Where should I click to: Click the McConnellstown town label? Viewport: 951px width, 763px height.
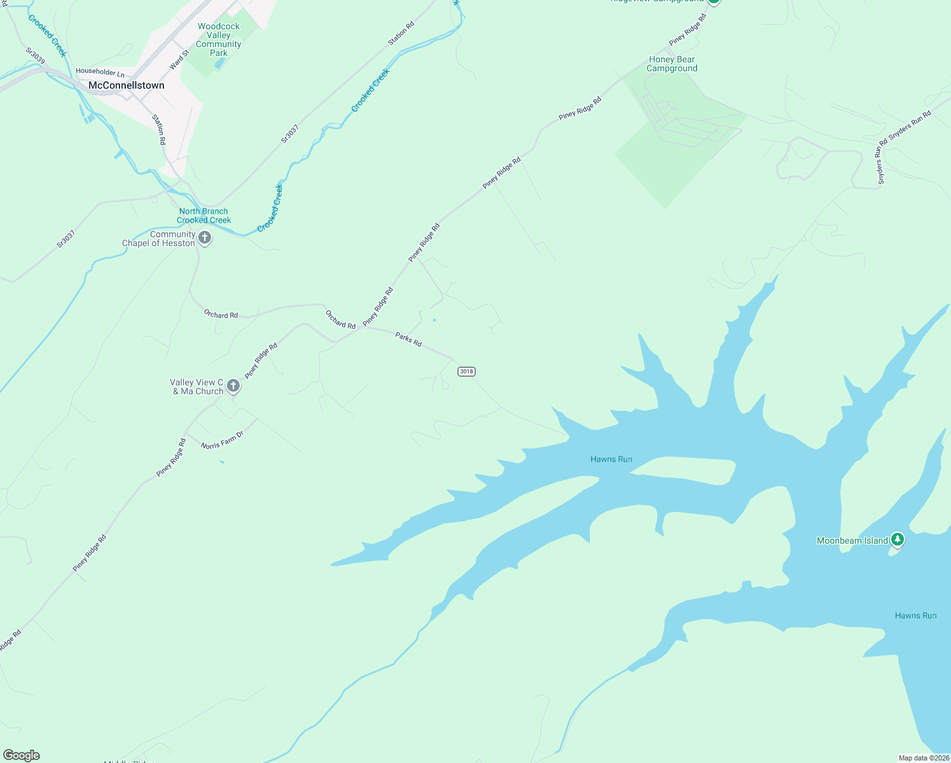click(x=126, y=85)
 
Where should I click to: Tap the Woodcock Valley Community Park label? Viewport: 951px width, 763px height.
click(x=219, y=39)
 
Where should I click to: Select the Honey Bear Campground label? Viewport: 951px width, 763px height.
click(x=673, y=64)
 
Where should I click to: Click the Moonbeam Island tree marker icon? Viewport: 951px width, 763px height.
click(x=897, y=540)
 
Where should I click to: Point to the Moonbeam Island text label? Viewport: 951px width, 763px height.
click(x=852, y=540)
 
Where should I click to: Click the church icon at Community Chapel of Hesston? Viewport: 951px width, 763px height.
click(x=205, y=238)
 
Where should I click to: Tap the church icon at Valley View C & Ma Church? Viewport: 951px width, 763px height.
click(x=233, y=385)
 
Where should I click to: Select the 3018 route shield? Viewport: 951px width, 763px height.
click(x=467, y=371)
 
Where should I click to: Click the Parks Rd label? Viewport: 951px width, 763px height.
click(x=408, y=339)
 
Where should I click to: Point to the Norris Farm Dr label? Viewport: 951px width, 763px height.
click(x=222, y=441)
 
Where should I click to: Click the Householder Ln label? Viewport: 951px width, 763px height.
click(x=100, y=72)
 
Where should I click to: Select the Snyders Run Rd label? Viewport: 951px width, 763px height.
click(x=910, y=125)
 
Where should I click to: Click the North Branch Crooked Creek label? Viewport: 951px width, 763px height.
click(x=203, y=216)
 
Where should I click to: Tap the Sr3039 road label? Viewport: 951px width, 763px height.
click(x=36, y=55)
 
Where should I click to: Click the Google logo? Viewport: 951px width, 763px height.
click(x=22, y=755)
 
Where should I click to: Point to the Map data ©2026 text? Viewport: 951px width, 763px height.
click(x=923, y=758)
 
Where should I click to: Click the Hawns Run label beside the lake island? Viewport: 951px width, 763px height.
click(x=611, y=459)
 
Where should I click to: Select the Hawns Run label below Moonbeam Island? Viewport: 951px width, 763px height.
click(x=915, y=615)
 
